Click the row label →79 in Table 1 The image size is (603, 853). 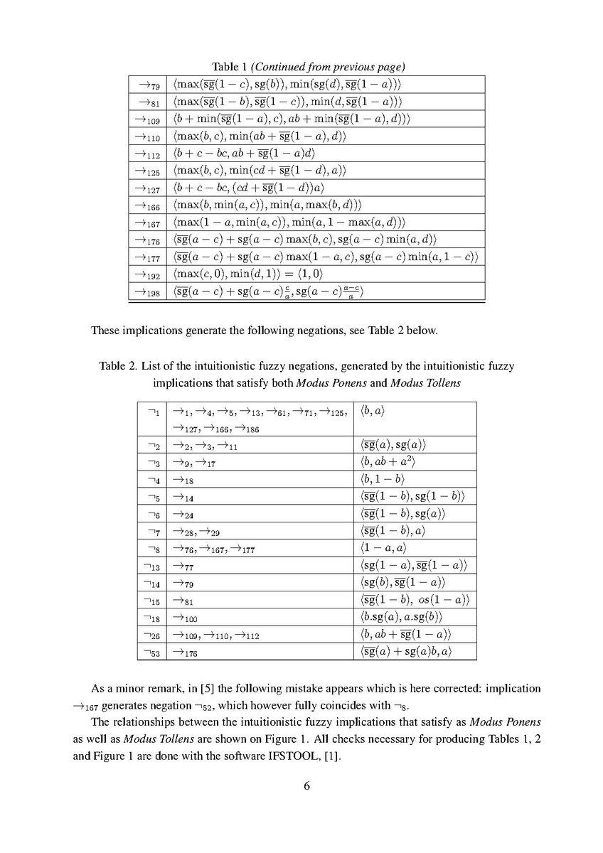tap(147, 85)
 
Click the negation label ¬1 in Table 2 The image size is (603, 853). tap(153, 412)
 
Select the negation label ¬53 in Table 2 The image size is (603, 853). tap(153, 650)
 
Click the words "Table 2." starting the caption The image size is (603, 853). tap(117, 367)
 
